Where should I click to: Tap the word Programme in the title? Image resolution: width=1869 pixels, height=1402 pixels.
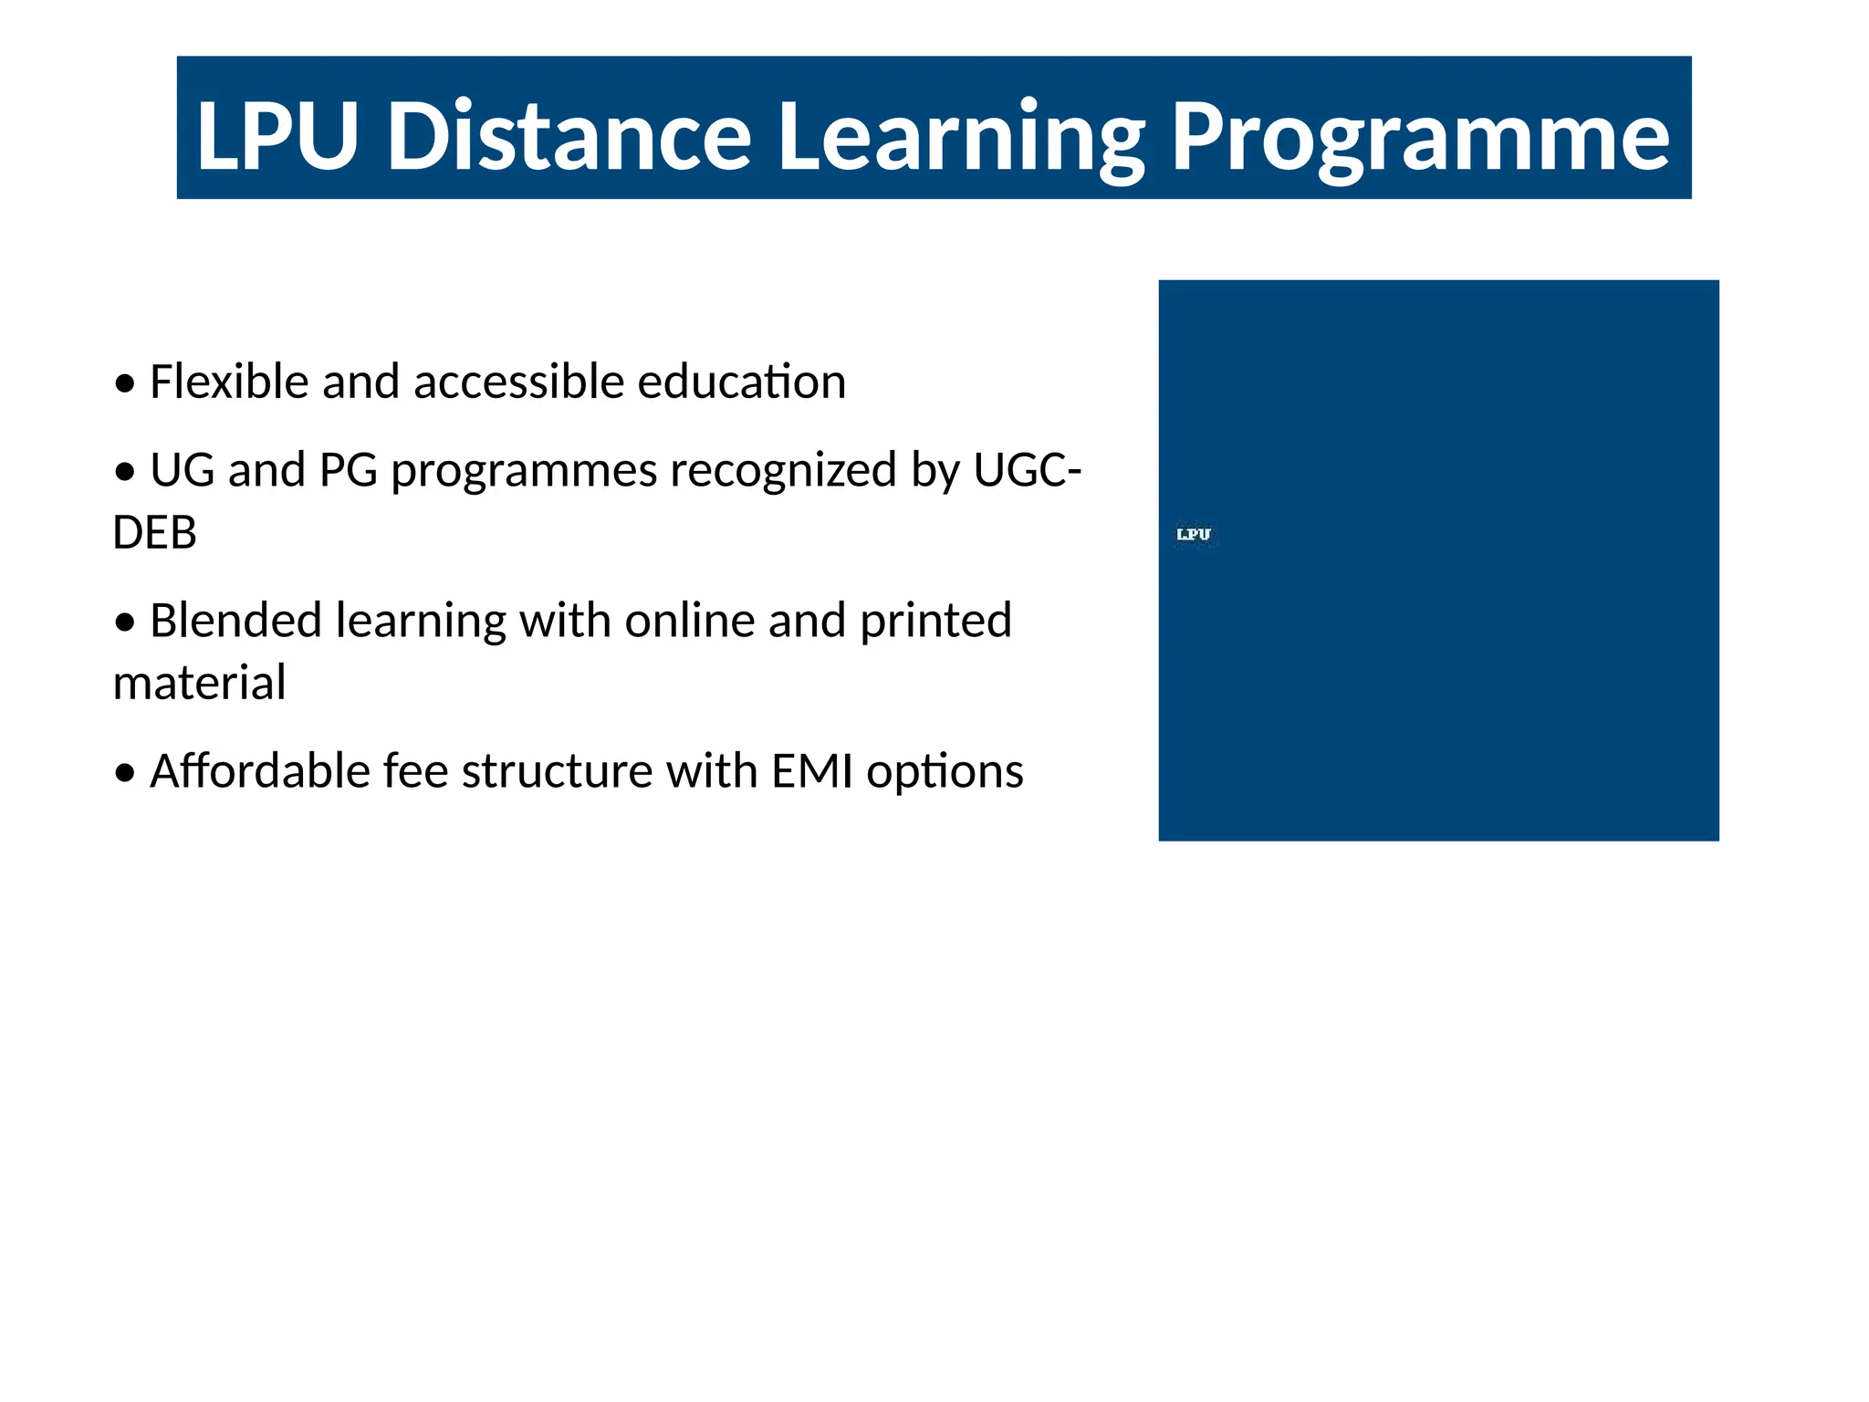pos(1420,137)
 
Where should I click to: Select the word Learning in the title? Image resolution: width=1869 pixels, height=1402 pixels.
pos(961,137)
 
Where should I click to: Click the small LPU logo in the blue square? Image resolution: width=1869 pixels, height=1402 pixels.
pos(1194,535)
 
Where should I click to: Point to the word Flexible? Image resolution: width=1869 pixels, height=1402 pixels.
pos(228,382)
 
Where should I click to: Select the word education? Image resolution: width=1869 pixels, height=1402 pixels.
pos(741,382)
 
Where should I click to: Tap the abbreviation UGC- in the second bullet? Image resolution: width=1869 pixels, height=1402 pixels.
pos(1027,471)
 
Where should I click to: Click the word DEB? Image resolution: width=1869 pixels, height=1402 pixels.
pos(154,533)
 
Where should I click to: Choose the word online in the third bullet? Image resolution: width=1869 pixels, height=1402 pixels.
pos(689,621)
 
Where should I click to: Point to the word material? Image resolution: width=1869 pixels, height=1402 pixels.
pos(199,683)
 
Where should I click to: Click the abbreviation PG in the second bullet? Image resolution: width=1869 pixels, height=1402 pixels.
pos(348,471)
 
